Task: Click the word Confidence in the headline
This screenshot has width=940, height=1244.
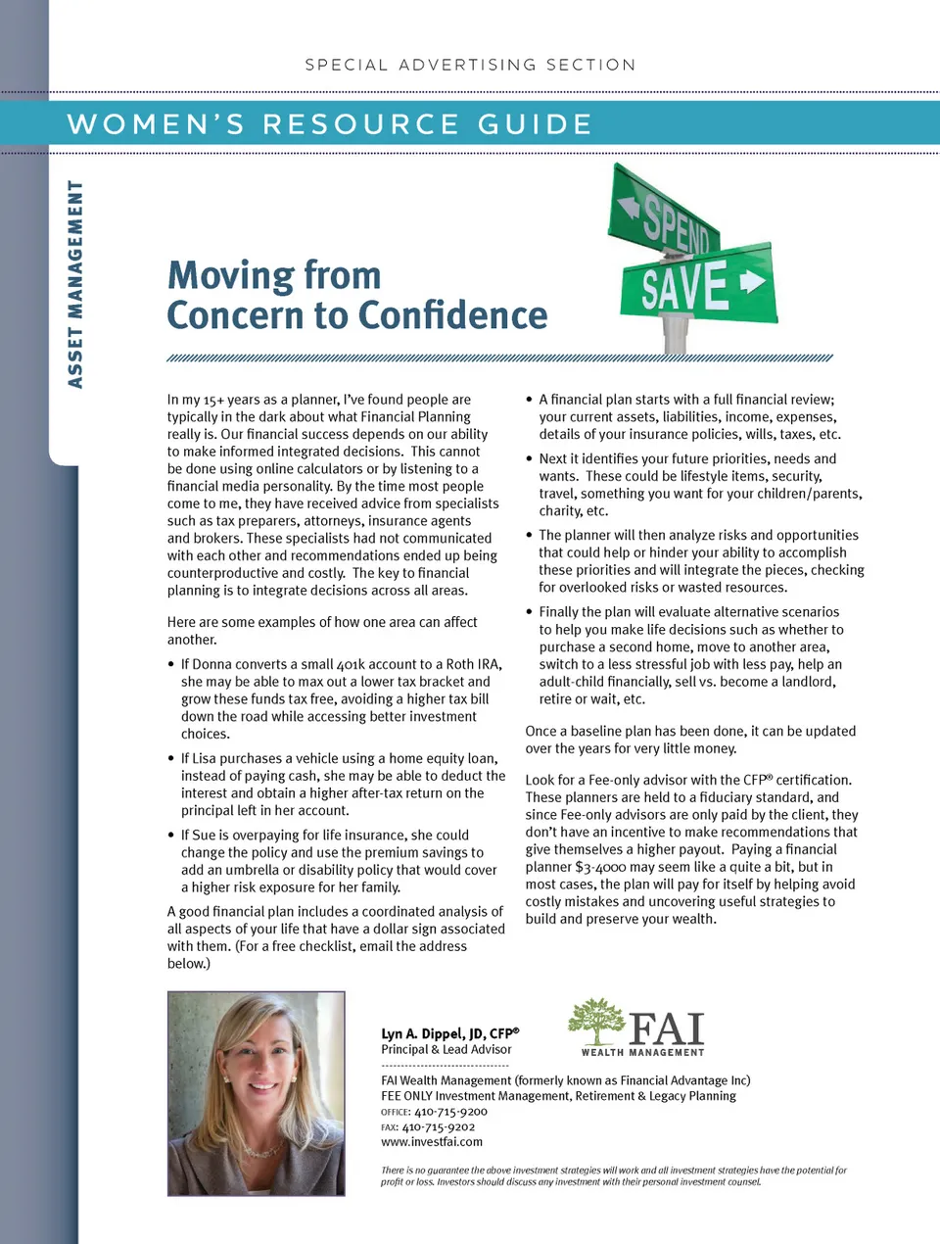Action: click(454, 315)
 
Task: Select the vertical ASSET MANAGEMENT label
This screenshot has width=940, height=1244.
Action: click(75, 284)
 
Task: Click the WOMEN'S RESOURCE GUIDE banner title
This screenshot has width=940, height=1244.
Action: click(330, 124)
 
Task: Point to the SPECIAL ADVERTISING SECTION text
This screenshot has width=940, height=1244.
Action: click(470, 65)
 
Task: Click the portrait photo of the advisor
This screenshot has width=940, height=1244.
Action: click(257, 1093)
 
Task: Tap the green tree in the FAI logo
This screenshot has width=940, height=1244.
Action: click(595, 1022)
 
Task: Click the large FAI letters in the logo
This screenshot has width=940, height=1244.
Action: click(667, 1029)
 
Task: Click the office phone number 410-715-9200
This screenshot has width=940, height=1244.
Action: click(450, 1112)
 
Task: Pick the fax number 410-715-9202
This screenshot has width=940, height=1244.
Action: click(439, 1126)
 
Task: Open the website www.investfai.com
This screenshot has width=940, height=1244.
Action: click(432, 1141)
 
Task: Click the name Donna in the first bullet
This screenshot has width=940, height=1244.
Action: click(212, 664)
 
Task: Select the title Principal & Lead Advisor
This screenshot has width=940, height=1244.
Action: click(446, 1049)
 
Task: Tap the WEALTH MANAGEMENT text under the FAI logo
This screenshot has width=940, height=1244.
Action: click(642, 1052)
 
